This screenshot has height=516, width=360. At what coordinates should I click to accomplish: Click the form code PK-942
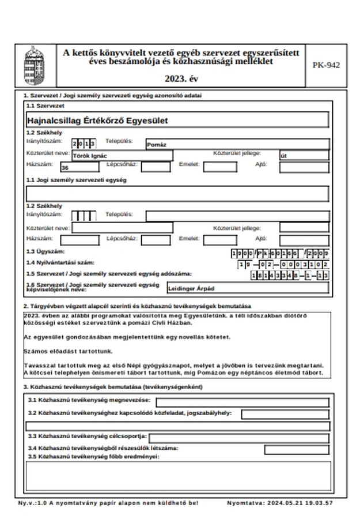coord(326,65)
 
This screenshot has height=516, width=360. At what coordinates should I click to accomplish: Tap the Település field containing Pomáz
coord(237,144)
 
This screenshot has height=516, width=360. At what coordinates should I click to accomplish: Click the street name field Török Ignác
coord(122,156)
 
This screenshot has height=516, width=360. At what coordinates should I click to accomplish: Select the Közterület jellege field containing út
coord(304,156)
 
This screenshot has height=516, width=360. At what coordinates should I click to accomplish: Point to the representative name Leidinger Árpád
coord(247,287)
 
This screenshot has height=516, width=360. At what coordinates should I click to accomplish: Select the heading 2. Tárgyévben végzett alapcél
coord(137,306)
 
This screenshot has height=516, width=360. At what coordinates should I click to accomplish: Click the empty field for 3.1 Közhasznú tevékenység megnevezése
coord(242,402)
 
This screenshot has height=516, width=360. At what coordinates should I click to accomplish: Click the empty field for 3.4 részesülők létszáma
coord(297,449)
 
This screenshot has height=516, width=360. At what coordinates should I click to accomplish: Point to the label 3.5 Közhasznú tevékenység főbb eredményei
coord(93,457)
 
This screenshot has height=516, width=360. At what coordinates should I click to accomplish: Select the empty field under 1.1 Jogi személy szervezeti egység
coord(177,194)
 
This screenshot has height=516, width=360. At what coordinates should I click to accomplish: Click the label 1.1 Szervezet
coord(45,106)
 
